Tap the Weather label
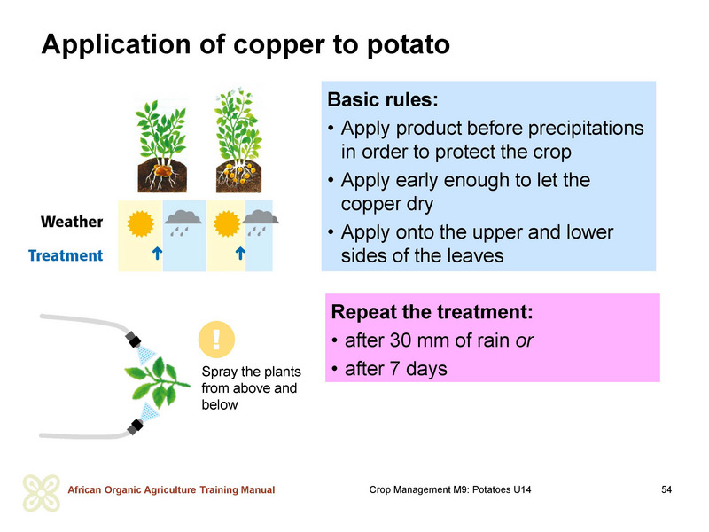pyautogui.click(x=72, y=222)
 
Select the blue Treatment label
pyautogui.click(x=66, y=255)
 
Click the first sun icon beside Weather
pyautogui.click(x=140, y=224)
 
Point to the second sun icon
pyautogui.click(x=227, y=224)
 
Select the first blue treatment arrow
pyautogui.click(x=157, y=254)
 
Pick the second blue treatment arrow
pyautogui.click(x=240, y=254)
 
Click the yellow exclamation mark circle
pyautogui.click(x=216, y=340)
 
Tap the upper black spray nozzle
pyautogui.click(x=134, y=340)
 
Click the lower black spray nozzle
pyautogui.click(x=135, y=426)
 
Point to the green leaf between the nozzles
pyautogui.click(x=157, y=383)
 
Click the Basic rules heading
pyautogui.click(x=383, y=100)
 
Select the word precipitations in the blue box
pyautogui.click(x=586, y=129)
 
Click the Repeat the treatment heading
pyautogui.click(x=432, y=312)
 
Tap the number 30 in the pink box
pyautogui.click(x=401, y=340)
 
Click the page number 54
pyautogui.click(x=666, y=489)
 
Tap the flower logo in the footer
pyautogui.click(x=42, y=493)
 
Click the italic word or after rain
pyautogui.click(x=525, y=341)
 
